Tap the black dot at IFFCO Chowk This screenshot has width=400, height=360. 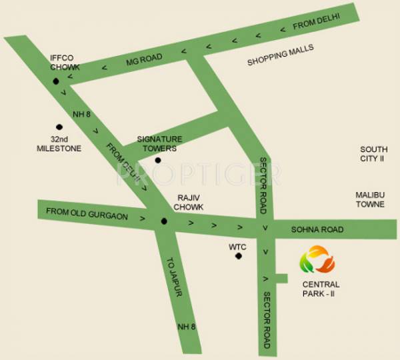(55, 81)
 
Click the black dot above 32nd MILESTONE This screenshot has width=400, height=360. (59, 127)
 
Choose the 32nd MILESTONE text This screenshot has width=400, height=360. (59, 144)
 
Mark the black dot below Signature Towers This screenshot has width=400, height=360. (157, 160)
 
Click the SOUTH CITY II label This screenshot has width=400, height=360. (373, 155)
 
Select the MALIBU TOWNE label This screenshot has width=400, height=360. (370, 199)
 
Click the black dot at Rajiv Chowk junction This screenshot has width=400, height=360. (163, 221)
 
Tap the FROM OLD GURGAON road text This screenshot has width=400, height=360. (87, 212)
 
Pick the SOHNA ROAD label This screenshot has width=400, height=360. (317, 229)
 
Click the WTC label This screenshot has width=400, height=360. (238, 247)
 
